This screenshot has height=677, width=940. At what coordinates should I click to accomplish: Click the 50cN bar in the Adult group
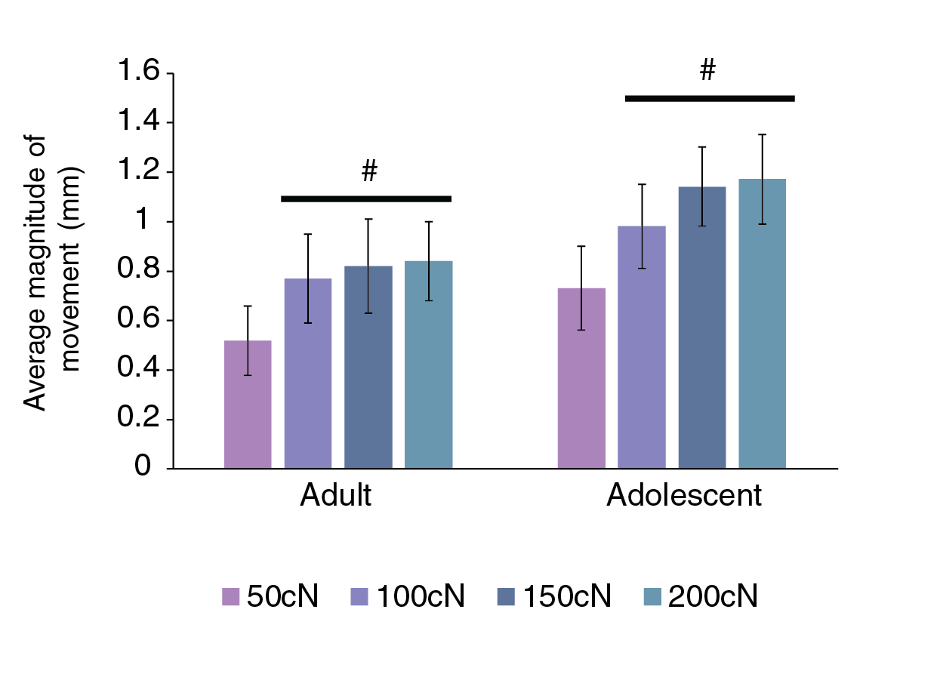(248, 405)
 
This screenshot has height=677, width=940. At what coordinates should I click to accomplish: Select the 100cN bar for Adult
(308, 374)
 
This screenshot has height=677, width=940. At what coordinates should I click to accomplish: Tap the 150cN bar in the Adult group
(368, 368)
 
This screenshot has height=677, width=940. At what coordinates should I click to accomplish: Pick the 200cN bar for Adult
(428, 365)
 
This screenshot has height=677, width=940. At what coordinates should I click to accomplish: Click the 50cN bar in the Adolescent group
(581, 378)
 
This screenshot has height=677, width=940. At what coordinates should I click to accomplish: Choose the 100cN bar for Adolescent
(642, 347)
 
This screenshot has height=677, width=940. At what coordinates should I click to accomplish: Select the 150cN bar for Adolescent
(702, 328)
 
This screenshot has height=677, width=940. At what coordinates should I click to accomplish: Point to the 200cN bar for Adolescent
(762, 324)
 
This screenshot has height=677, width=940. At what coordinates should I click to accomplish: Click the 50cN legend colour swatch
(230, 597)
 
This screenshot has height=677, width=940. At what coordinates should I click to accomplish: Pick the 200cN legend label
(713, 596)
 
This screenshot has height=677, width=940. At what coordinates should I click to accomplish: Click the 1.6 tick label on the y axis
(138, 73)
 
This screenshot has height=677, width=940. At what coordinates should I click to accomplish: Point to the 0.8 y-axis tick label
(138, 271)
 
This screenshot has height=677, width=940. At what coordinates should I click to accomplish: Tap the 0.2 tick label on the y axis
(138, 420)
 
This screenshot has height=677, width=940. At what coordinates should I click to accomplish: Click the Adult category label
(335, 496)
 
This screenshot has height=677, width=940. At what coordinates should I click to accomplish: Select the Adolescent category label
(684, 496)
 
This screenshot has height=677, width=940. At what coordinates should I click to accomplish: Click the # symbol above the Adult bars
(368, 173)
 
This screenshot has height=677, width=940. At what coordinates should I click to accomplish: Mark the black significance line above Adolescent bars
(710, 98)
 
